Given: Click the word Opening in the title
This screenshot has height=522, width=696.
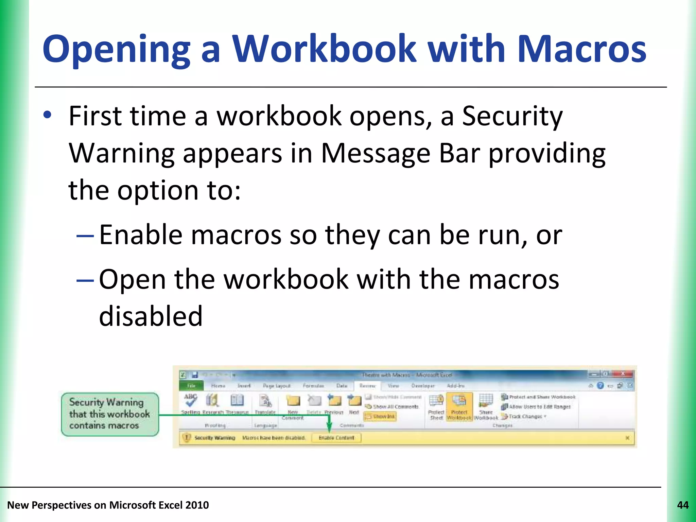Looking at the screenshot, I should point(116,49).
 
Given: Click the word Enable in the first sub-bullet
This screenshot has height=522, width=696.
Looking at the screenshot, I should point(141,235).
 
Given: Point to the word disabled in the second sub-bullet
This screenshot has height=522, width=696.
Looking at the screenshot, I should point(151,316).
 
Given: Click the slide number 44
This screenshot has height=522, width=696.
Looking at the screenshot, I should point(683,505).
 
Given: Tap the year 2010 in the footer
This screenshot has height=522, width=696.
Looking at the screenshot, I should point(197,505).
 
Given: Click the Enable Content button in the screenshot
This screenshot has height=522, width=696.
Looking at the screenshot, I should point(336,438).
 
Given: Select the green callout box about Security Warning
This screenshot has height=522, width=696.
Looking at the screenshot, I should point(110,414).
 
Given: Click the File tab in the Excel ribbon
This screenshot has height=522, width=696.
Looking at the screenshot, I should point(191,386).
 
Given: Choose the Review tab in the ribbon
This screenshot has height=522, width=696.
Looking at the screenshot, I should point(367,386).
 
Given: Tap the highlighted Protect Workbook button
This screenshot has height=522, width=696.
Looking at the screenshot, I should point(459,407).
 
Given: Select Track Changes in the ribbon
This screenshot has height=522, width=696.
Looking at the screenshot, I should point(525,416).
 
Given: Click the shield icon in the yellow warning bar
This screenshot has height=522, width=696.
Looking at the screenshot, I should point(187,438).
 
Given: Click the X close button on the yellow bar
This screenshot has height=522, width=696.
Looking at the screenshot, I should point(627,438).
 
